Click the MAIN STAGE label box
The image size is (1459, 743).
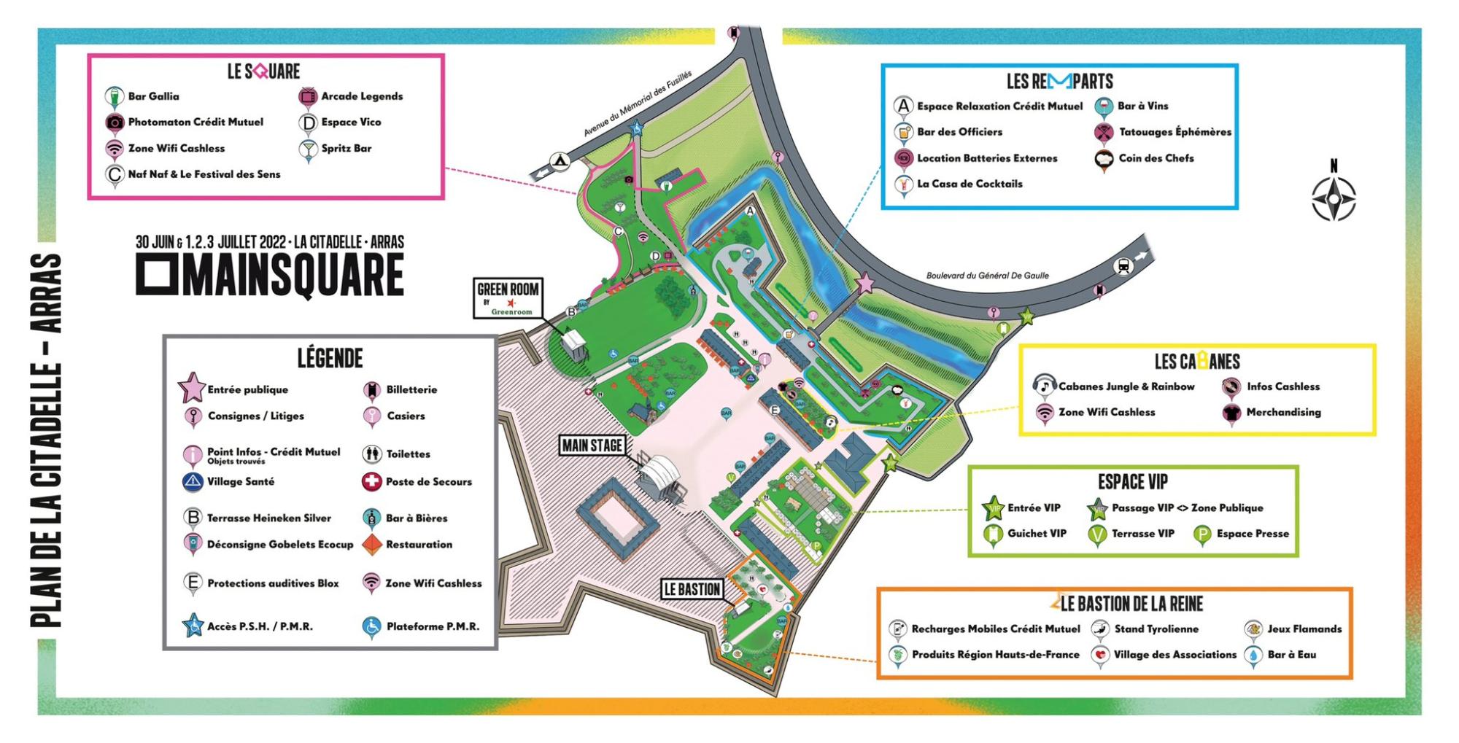coord(592,446)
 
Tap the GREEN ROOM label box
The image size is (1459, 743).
coord(508,297)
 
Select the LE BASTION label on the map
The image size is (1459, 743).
coord(692,589)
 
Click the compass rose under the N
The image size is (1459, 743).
coord(1334,198)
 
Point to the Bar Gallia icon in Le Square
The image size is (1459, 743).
coord(113,96)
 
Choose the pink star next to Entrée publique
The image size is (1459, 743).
coord(192,388)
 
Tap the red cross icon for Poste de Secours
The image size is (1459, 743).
coord(372,482)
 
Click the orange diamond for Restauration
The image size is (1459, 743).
coord(372,545)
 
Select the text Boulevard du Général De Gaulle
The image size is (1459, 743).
coord(987,276)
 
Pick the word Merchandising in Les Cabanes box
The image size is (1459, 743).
coord(1283,413)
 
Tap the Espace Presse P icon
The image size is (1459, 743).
coord(1201,534)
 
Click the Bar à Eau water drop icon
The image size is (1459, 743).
coord(1253,655)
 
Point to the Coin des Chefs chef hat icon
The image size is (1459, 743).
coord(1104,159)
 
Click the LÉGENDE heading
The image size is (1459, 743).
coord(330,358)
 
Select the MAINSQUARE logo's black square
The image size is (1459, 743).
coord(155,276)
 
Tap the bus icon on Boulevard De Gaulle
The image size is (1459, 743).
coord(1123,267)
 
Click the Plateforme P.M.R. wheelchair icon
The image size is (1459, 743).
coord(371,626)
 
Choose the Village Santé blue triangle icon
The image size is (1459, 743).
coord(193,482)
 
